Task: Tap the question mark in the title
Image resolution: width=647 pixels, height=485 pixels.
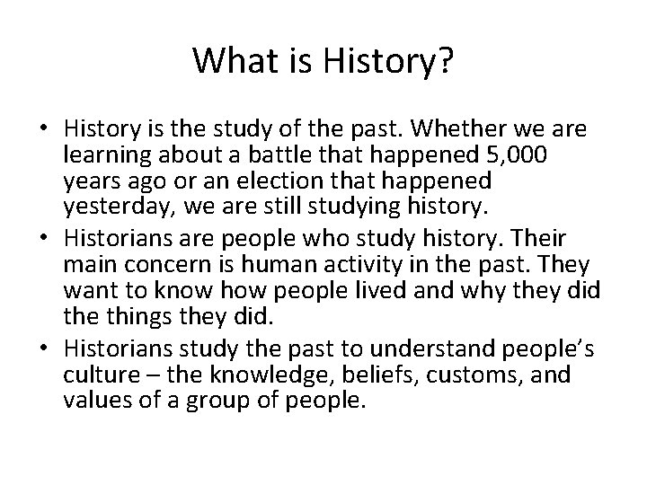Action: click(445, 61)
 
